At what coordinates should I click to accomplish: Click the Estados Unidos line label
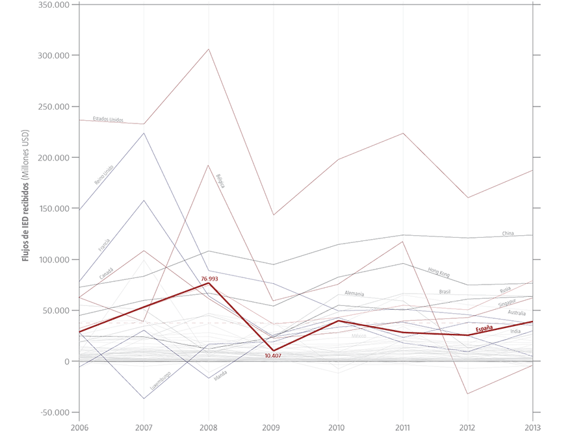[108, 120]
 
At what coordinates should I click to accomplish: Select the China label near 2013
[508, 233]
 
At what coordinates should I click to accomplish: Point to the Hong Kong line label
[439, 271]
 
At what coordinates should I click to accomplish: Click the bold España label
[484, 329]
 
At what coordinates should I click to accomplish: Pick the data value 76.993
[209, 278]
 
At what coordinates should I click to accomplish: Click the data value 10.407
[273, 356]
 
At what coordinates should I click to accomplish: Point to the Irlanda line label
[220, 375]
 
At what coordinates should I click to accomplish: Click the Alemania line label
[354, 294]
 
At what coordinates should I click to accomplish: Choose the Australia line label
[517, 313]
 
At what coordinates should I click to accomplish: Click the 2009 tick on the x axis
[273, 426]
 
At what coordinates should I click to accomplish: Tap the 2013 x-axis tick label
[532, 426]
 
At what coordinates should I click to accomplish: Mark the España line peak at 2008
[209, 283]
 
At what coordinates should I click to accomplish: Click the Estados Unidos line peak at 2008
[209, 49]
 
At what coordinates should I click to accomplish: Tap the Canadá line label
[106, 273]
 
